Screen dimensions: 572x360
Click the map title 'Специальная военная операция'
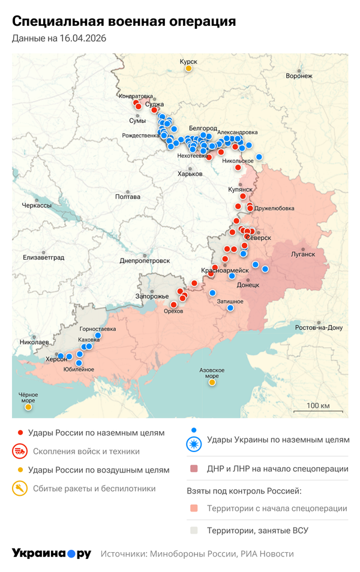[x=124, y=22]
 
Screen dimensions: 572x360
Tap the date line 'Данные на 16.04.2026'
[x=55, y=38]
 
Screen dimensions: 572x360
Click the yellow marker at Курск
[x=188, y=68]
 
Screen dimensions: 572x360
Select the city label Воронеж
[x=299, y=76]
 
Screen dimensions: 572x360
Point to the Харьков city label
[x=191, y=174]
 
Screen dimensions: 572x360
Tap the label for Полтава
[x=127, y=197]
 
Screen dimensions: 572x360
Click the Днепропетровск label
[x=145, y=261]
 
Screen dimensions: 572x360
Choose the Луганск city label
[x=303, y=254]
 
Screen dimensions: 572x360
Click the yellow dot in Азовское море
[x=212, y=383]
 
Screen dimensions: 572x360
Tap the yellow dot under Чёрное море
[x=28, y=407]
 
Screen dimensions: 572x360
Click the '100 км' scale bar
[x=317, y=408]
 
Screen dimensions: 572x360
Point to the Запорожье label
[x=152, y=296]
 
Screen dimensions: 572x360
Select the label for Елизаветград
[x=43, y=257]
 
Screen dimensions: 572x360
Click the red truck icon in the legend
[x=20, y=451]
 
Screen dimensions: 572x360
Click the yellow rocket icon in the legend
[x=20, y=489]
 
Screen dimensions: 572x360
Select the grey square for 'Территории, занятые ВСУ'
[x=193, y=530]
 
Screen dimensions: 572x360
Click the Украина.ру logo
[x=52, y=553]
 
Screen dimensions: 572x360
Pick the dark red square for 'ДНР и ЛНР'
[x=193, y=468]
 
